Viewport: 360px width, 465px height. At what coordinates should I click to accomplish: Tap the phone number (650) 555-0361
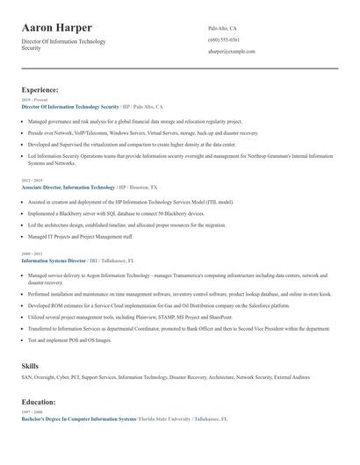(x=223, y=39)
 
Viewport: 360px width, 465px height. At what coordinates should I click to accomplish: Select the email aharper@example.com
(x=231, y=51)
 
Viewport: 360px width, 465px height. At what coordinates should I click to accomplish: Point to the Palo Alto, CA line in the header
(x=222, y=28)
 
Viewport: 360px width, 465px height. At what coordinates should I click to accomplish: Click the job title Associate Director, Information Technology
(x=68, y=187)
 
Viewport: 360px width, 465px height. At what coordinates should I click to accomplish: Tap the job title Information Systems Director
(x=54, y=261)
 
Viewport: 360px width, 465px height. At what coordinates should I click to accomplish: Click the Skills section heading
(x=30, y=364)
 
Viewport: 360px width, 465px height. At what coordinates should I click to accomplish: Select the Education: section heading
(x=39, y=402)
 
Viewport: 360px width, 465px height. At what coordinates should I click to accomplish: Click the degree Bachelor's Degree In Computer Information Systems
(x=78, y=419)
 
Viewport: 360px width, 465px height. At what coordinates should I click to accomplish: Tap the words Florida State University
(x=165, y=419)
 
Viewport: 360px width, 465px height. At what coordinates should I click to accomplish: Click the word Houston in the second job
(x=140, y=187)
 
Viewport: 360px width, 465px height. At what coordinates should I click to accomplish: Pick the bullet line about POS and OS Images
(x=70, y=340)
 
